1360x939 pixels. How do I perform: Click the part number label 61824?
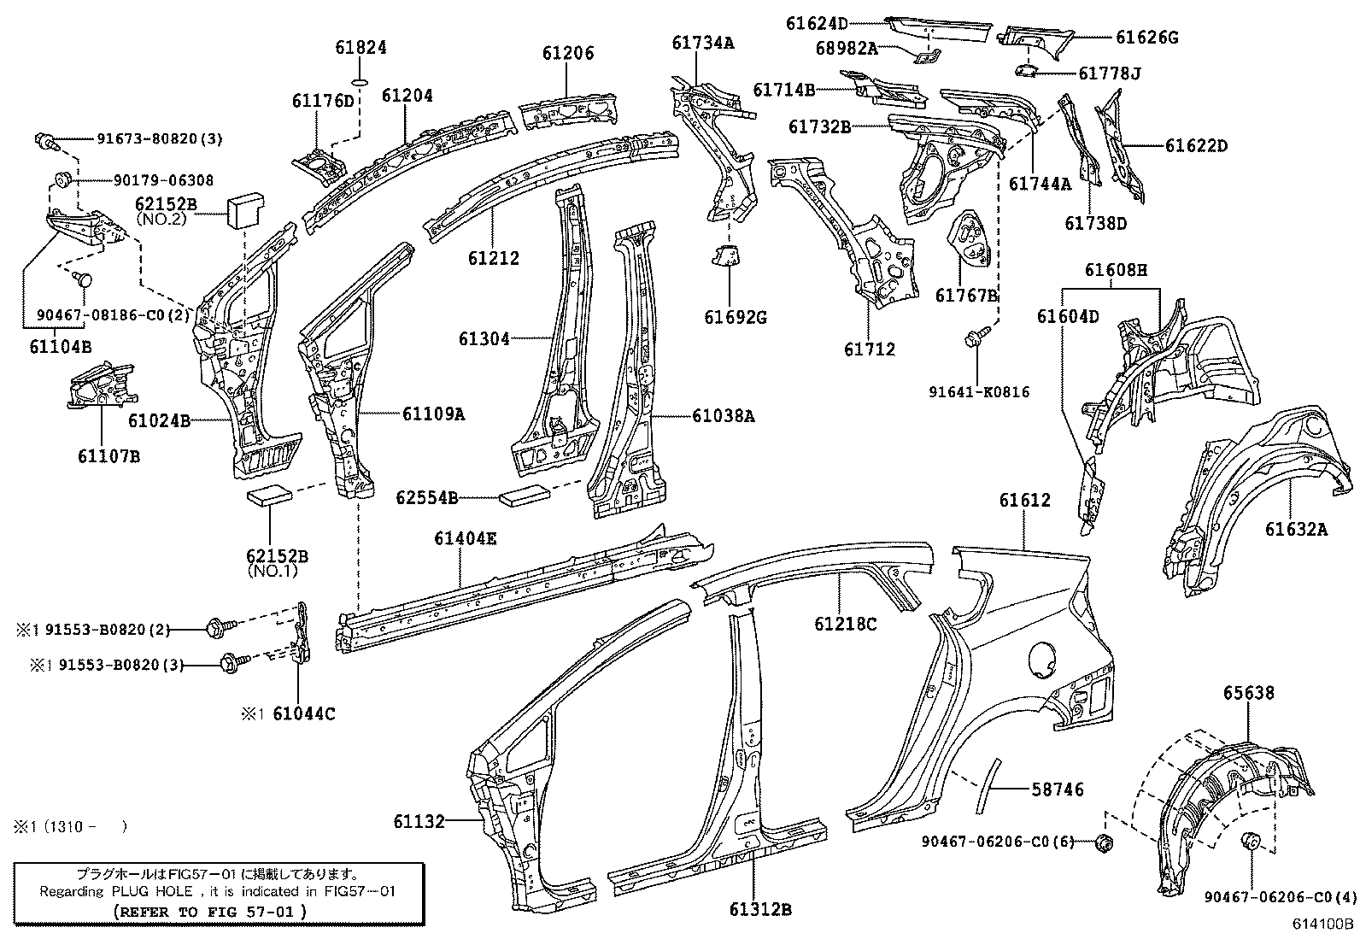[360, 48]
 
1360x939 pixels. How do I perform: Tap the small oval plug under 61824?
[360, 83]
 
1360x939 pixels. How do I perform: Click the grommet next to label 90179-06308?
[62, 180]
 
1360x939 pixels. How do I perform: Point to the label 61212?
[493, 258]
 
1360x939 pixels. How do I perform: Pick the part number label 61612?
[1025, 501]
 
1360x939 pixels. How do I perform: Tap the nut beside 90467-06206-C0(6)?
[1103, 843]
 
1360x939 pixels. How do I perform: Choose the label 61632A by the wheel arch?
[1296, 530]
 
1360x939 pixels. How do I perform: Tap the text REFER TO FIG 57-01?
[210, 911]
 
